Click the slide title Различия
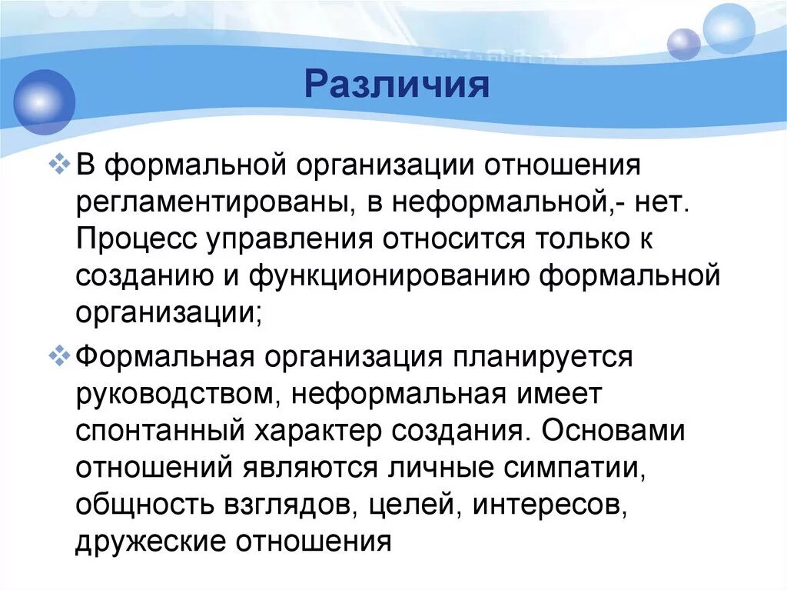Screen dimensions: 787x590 (x=397, y=84)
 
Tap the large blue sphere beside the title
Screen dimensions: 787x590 (x=44, y=102)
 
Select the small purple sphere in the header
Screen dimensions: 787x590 (x=683, y=44)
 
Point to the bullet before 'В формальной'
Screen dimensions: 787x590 (x=59, y=165)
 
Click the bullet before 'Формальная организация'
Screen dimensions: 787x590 (x=59, y=356)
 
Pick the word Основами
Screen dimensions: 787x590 (x=613, y=431)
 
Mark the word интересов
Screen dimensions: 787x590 (x=550, y=505)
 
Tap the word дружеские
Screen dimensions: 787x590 (x=151, y=542)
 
